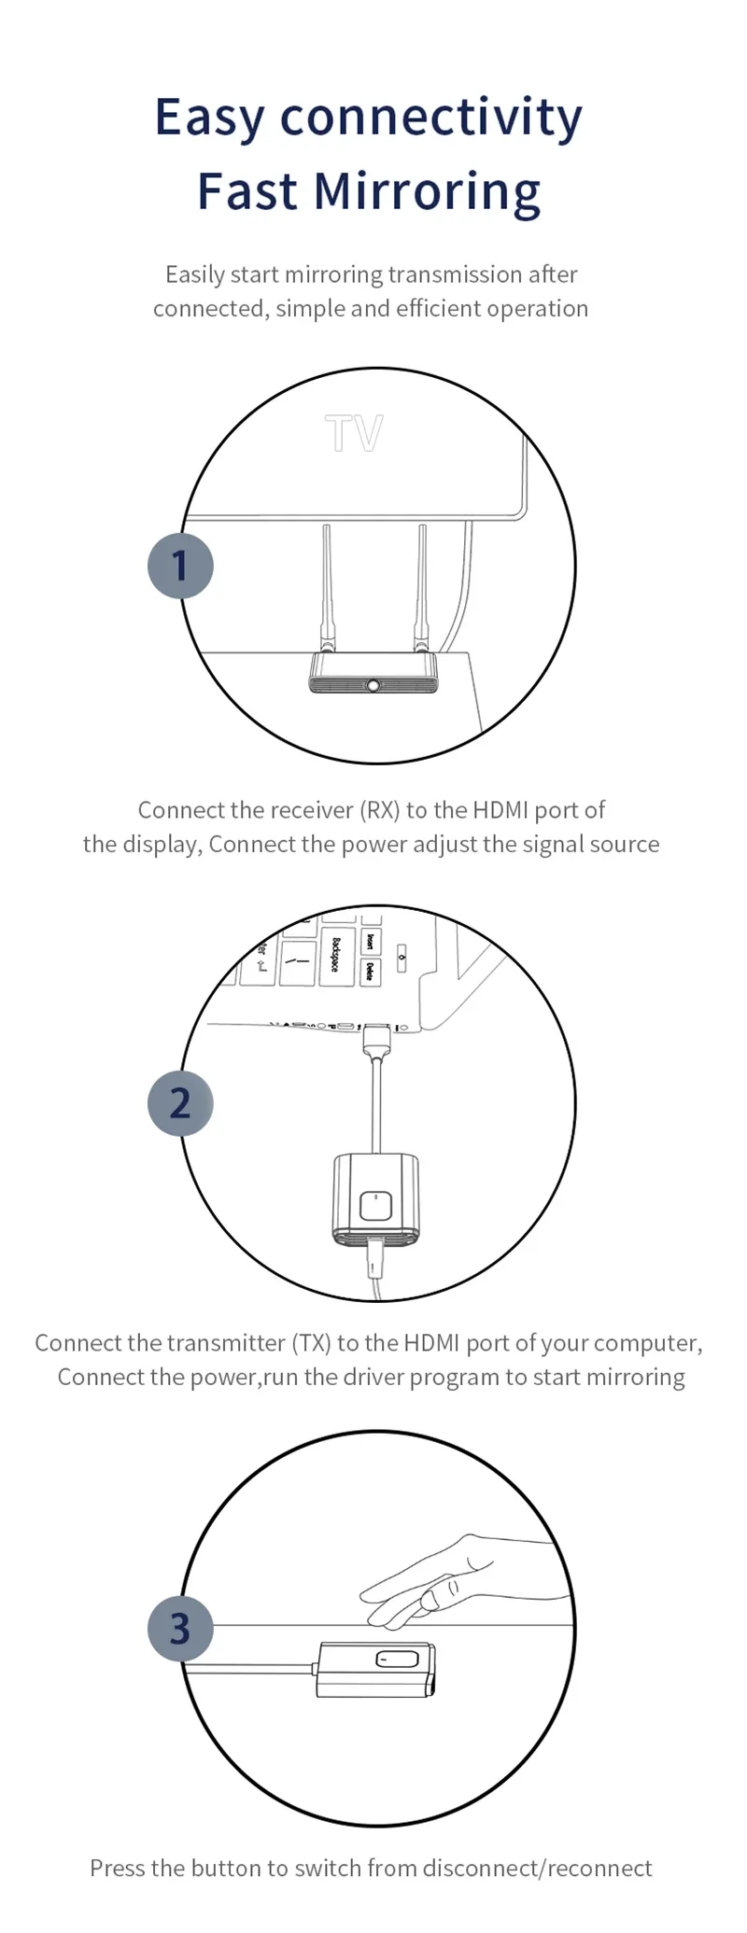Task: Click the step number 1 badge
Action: [x=180, y=566]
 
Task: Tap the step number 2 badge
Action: [x=180, y=1103]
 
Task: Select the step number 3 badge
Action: [x=180, y=1629]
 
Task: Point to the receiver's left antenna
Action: [x=328, y=588]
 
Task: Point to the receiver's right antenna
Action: [x=422, y=588]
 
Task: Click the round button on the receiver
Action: [x=373, y=685]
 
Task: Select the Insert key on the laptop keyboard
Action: [x=371, y=941]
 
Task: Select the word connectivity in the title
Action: [x=431, y=118]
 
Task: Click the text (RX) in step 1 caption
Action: [x=379, y=810]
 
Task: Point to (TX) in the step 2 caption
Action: [x=312, y=1343]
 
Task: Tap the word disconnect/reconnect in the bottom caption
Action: [x=537, y=1868]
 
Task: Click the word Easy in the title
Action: [x=210, y=118]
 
